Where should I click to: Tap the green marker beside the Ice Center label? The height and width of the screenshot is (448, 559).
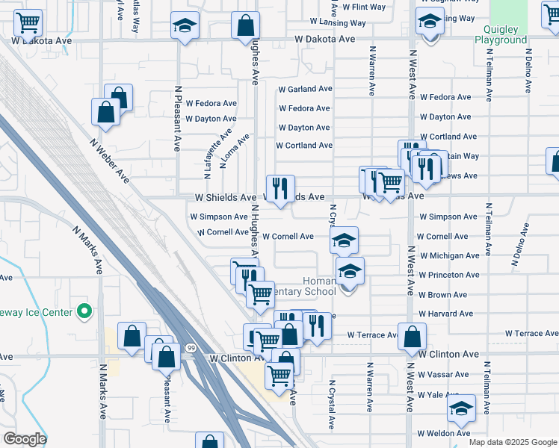click(84, 312)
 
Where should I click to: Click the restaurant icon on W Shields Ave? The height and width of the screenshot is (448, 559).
click(280, 187)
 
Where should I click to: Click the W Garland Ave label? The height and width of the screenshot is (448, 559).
click(305, 89)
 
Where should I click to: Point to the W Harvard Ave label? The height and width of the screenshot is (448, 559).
click(445, 314)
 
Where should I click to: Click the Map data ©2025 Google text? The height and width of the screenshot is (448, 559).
click(513, 442)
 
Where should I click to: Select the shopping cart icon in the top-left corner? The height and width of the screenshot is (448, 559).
click(28, 22)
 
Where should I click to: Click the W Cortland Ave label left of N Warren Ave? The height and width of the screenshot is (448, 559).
click(303, 146)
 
